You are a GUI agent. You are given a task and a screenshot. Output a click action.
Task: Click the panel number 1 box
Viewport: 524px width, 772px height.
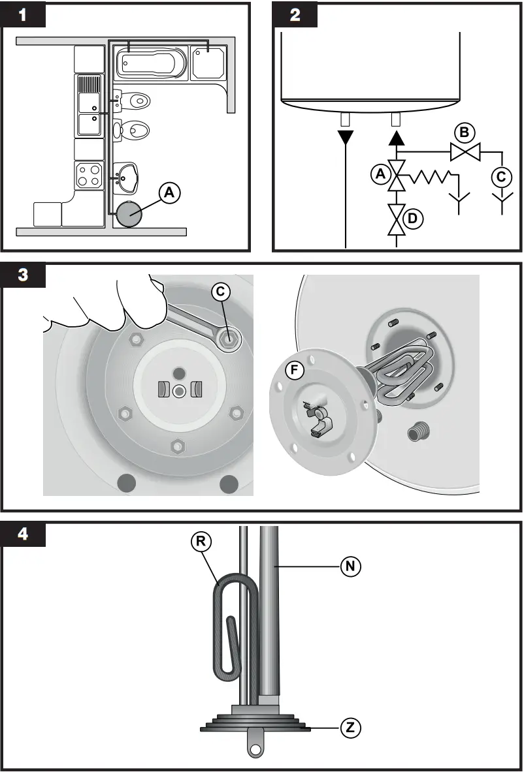23,15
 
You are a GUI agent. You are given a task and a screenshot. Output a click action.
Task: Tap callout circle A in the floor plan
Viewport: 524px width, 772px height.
169,193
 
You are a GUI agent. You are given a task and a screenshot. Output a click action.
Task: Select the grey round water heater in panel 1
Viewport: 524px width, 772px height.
129,214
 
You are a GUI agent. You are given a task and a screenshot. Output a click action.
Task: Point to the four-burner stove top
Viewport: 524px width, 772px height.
88,174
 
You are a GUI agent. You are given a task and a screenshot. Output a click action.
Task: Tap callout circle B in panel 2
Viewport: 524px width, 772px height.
465,133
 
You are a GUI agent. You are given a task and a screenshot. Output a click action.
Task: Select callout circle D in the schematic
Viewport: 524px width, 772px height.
413,219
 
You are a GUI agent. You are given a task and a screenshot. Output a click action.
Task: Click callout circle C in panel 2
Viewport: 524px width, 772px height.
502,176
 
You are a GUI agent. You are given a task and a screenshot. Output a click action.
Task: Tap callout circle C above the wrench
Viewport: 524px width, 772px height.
221,293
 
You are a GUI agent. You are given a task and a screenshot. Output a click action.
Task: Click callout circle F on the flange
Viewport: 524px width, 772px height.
295,371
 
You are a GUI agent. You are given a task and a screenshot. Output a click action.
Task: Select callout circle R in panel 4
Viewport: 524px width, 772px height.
201,542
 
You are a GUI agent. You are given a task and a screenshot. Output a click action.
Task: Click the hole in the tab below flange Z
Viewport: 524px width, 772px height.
255,747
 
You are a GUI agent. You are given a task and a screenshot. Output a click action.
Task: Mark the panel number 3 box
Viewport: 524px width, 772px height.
23,274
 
